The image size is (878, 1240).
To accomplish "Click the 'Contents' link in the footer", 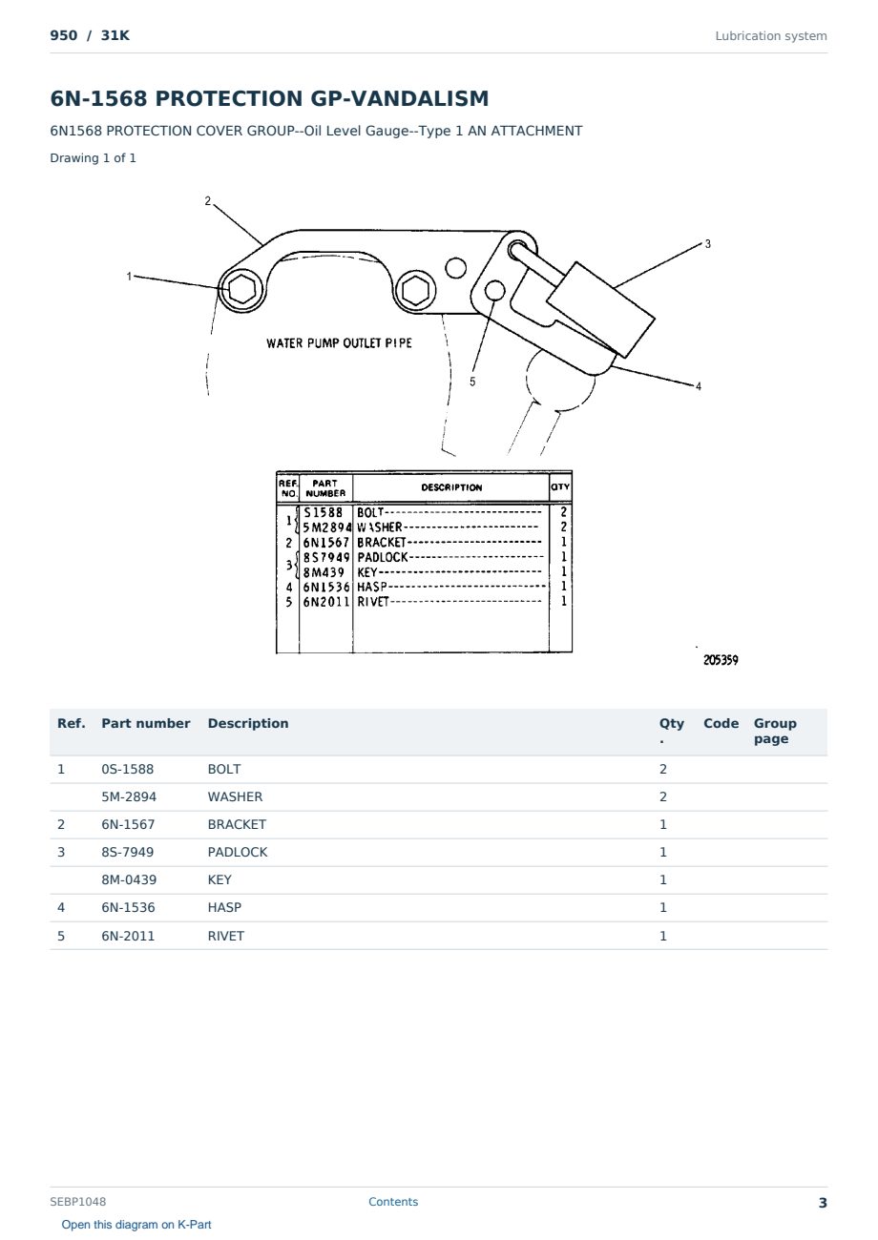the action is tap(393, 1202).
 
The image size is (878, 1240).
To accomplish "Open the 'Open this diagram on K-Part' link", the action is tap(136, 1225).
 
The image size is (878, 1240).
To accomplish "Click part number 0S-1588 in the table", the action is tap(127, 769).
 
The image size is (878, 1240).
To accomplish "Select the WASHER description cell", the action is tap(235, 796).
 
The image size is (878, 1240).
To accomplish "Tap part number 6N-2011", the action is tap(128, 936).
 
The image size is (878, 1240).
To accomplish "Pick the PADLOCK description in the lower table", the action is tap(237, 852).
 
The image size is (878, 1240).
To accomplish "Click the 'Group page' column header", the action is tap(775, 731).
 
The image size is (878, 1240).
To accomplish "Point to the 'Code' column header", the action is tap(721, 724).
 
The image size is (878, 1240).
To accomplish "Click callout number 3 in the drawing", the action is tap(707, 243).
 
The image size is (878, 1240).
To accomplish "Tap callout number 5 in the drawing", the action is tap(472, 382).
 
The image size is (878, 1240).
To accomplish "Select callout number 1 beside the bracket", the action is tap(129, 276).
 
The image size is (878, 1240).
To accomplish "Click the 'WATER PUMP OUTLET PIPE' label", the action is tap(339, 343).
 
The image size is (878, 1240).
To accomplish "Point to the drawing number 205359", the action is tap(721, 660).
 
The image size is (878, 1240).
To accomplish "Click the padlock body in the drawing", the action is tap(600, 309).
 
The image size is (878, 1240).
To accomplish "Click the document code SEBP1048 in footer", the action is tap(78, 1202).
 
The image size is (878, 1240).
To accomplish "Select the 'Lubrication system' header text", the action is tap(771, 36).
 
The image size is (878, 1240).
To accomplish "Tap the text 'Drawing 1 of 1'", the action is tap(94, 158).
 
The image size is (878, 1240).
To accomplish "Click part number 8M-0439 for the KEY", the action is tap(129, 879).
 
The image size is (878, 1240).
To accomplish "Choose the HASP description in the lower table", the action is tap(224, 907).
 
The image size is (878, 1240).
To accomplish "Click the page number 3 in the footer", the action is tap(823, 1203).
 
